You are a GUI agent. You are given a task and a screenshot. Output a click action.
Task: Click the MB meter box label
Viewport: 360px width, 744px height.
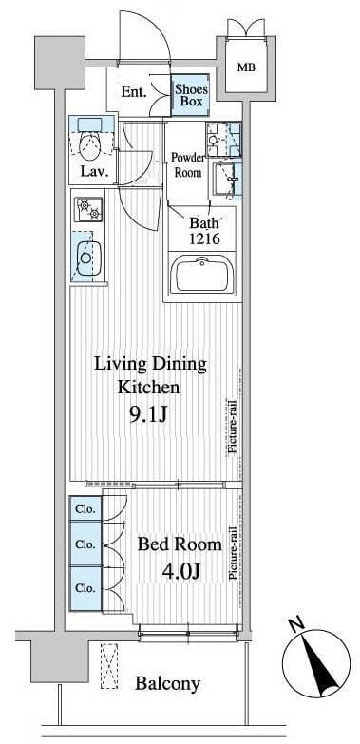coord(246,67)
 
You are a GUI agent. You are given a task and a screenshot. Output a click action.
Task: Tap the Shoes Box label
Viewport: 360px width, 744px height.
coord(189,94)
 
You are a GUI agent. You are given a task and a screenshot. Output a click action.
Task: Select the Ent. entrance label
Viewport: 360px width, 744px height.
coord(133,91)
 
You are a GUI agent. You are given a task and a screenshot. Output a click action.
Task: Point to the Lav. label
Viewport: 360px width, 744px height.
coord(92,171)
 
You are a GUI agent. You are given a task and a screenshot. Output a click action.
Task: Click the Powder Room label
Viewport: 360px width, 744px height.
coord(188,164)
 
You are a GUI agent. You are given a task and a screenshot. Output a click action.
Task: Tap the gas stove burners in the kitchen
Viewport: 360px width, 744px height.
coord(88,209)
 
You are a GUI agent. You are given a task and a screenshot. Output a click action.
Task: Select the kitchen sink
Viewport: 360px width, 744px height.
coord(88,258)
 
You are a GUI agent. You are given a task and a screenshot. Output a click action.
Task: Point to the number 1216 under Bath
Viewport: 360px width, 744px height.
coord(204,238)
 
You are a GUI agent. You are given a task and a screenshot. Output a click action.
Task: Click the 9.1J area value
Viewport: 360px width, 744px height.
coord(148,415)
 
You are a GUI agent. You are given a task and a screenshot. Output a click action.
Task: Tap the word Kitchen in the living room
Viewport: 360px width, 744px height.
coord(148,388)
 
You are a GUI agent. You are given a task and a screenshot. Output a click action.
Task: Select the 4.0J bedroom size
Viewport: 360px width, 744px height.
coord(180,570)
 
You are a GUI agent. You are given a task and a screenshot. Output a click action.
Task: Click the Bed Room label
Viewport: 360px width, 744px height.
coord(180,544)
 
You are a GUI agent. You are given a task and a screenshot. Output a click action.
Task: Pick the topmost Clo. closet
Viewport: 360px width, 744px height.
coord(85,509)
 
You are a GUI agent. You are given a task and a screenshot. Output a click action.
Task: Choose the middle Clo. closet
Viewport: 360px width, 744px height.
coord(85,544)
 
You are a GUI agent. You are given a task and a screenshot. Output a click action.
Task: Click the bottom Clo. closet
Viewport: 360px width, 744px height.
coord(85,588)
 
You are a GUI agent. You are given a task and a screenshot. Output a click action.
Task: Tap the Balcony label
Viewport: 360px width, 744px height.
coord(167,684)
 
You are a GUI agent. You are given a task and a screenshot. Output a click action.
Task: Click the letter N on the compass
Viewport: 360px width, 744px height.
coord(298,626)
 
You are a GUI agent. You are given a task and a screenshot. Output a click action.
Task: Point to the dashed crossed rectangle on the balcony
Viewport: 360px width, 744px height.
coord(109,666)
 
